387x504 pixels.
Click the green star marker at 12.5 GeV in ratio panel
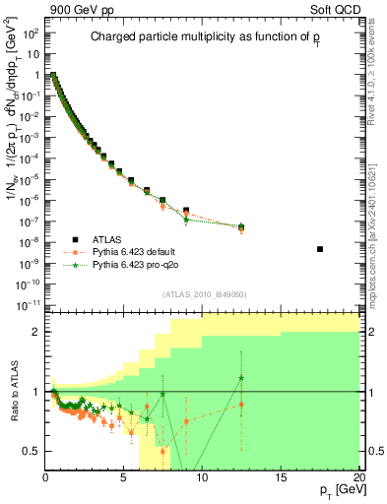(241, 377)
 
